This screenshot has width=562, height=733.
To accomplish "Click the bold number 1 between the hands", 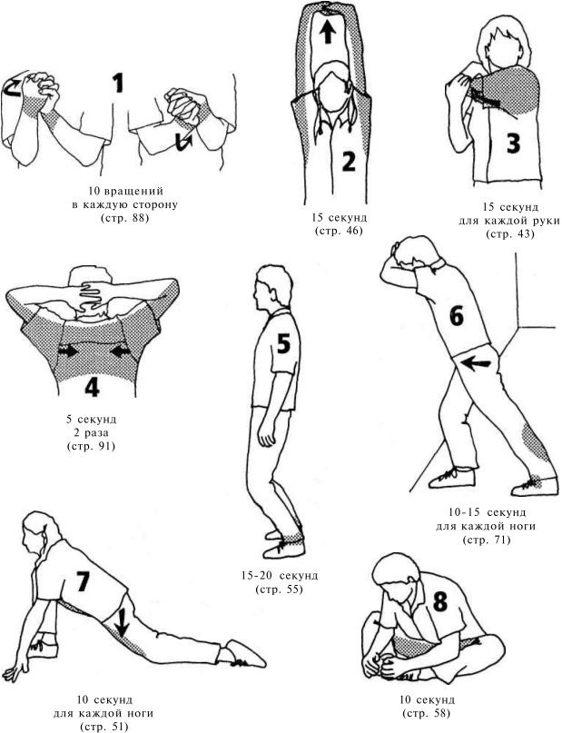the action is coord(118,83).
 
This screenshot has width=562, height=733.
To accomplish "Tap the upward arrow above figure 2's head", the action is coord(328,33).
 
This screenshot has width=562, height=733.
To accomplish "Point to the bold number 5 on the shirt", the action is coord(283,343).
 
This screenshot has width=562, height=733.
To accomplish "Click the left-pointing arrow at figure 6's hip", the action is coord(476,362).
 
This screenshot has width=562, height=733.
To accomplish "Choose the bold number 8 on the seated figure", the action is coord(440,602).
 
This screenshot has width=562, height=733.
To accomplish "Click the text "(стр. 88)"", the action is coord(124,218).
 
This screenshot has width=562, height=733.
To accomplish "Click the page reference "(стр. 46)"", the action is coord(339,231).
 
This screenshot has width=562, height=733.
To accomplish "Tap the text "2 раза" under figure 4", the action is coord(91,433).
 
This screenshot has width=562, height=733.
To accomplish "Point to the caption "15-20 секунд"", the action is coord(280,575).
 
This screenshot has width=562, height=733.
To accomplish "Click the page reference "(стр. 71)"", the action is coord(487,540).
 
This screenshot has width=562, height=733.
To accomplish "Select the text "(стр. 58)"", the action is coord(426,713).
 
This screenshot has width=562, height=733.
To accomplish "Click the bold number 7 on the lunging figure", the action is coord(82,581).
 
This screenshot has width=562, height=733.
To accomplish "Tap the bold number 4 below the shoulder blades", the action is coord(92,386).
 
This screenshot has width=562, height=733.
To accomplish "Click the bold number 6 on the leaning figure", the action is coord(456,316).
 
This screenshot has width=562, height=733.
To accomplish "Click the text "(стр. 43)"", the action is coord(509,233).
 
